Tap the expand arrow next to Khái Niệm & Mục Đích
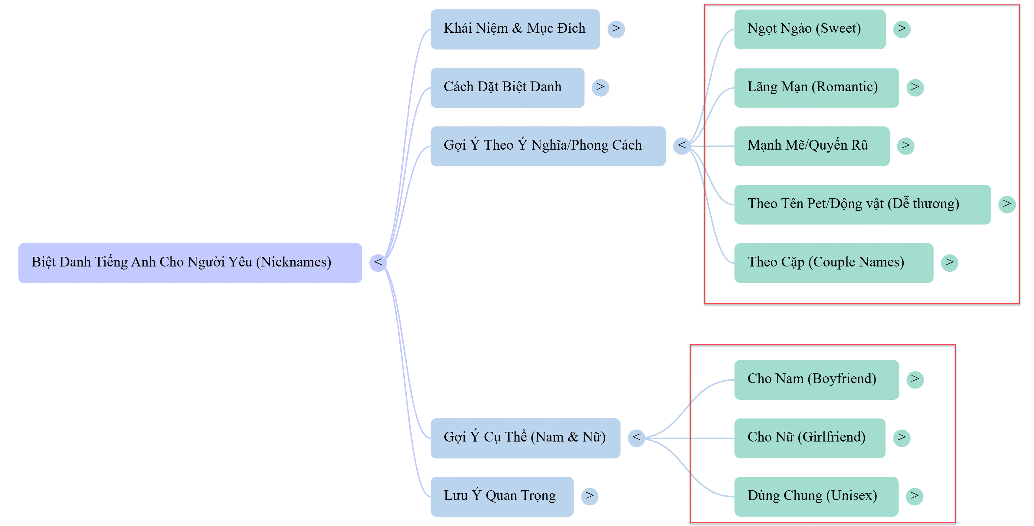(x=616, y=28)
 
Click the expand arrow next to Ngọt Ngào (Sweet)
(x=902, y=28)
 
